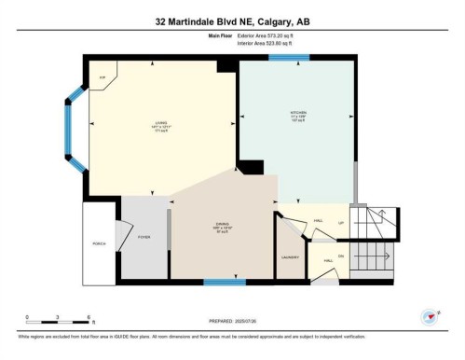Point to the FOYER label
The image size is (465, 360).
click(144, 237)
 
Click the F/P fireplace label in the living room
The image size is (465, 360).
click(103, 78)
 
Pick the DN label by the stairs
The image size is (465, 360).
click(341, 256)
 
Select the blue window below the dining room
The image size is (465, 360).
click(225, 281)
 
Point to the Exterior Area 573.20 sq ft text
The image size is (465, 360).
click(267, 35)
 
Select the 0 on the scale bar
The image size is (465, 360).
click(27, 319)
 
